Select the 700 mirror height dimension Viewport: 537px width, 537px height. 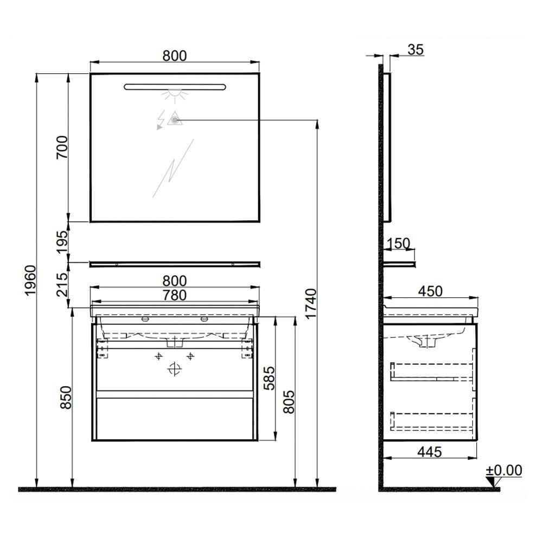coord(62,147)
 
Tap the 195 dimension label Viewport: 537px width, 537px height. coord(62,242)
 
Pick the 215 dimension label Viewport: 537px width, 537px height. coord(62,285)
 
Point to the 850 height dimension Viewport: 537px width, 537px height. coord(66,397)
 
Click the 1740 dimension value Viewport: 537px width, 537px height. coord(311,304)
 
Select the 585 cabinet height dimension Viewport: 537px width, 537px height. coord(269,378)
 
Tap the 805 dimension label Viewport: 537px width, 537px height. coord(290,402)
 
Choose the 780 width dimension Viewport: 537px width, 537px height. coord(175,295)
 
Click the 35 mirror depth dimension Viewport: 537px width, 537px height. coord(415,50)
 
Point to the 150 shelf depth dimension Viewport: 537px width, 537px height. coord(398,244)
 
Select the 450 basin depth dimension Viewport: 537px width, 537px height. coord(431,291)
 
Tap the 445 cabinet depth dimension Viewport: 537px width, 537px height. coord(430,452)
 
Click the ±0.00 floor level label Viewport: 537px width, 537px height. coord(504,470)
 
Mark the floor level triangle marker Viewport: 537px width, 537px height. coord(492,482)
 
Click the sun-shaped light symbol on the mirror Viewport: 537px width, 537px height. coord(175,95)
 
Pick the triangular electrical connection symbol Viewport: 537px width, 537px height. coord(174,119)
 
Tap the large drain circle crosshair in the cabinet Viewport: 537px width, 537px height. coord(175,369)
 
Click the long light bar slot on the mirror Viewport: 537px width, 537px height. coord(175,87)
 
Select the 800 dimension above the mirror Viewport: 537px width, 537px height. coord(175,56)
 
